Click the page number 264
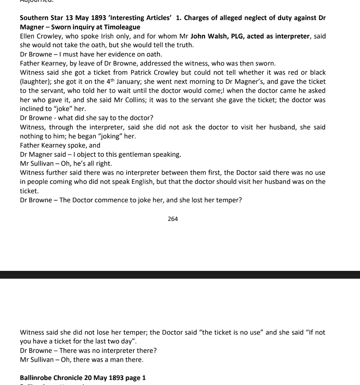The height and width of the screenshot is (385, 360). click(x=173, y=219)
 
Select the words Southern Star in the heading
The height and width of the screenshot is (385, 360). click(x=41, y=18)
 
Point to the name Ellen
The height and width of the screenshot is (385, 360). click(x=28, y=36)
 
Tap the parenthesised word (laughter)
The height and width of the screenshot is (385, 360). click(x=37, y=82)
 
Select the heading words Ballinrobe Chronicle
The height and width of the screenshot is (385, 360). click(x=51, y=378)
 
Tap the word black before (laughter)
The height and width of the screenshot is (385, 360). click(x=316, y=72)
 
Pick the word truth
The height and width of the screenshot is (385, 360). click(x=184, y=45)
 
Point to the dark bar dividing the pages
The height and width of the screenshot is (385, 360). click(x=180, y=275)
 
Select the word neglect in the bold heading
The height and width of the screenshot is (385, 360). click(x=251, y=18)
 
